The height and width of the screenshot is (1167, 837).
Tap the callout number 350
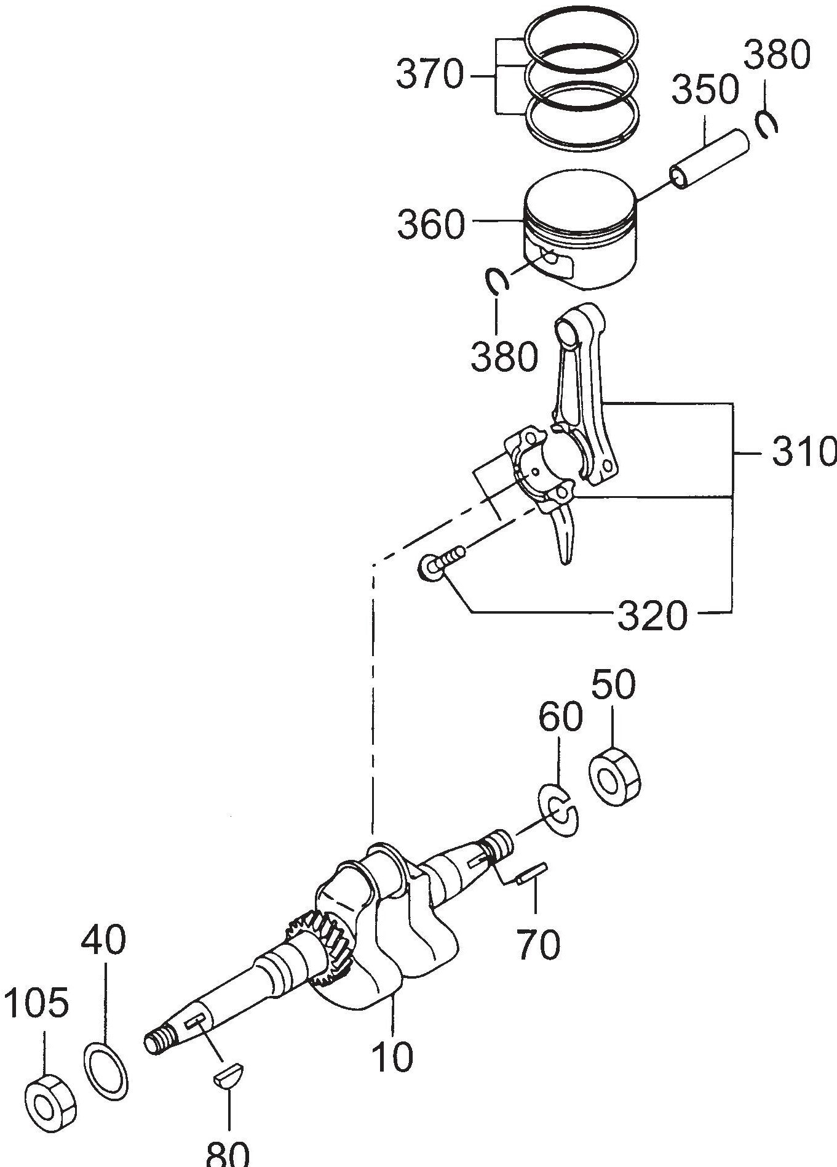704,90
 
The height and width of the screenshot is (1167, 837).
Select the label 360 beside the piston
430,225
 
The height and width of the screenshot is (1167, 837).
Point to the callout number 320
652,616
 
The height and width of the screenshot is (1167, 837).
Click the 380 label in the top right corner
777,57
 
